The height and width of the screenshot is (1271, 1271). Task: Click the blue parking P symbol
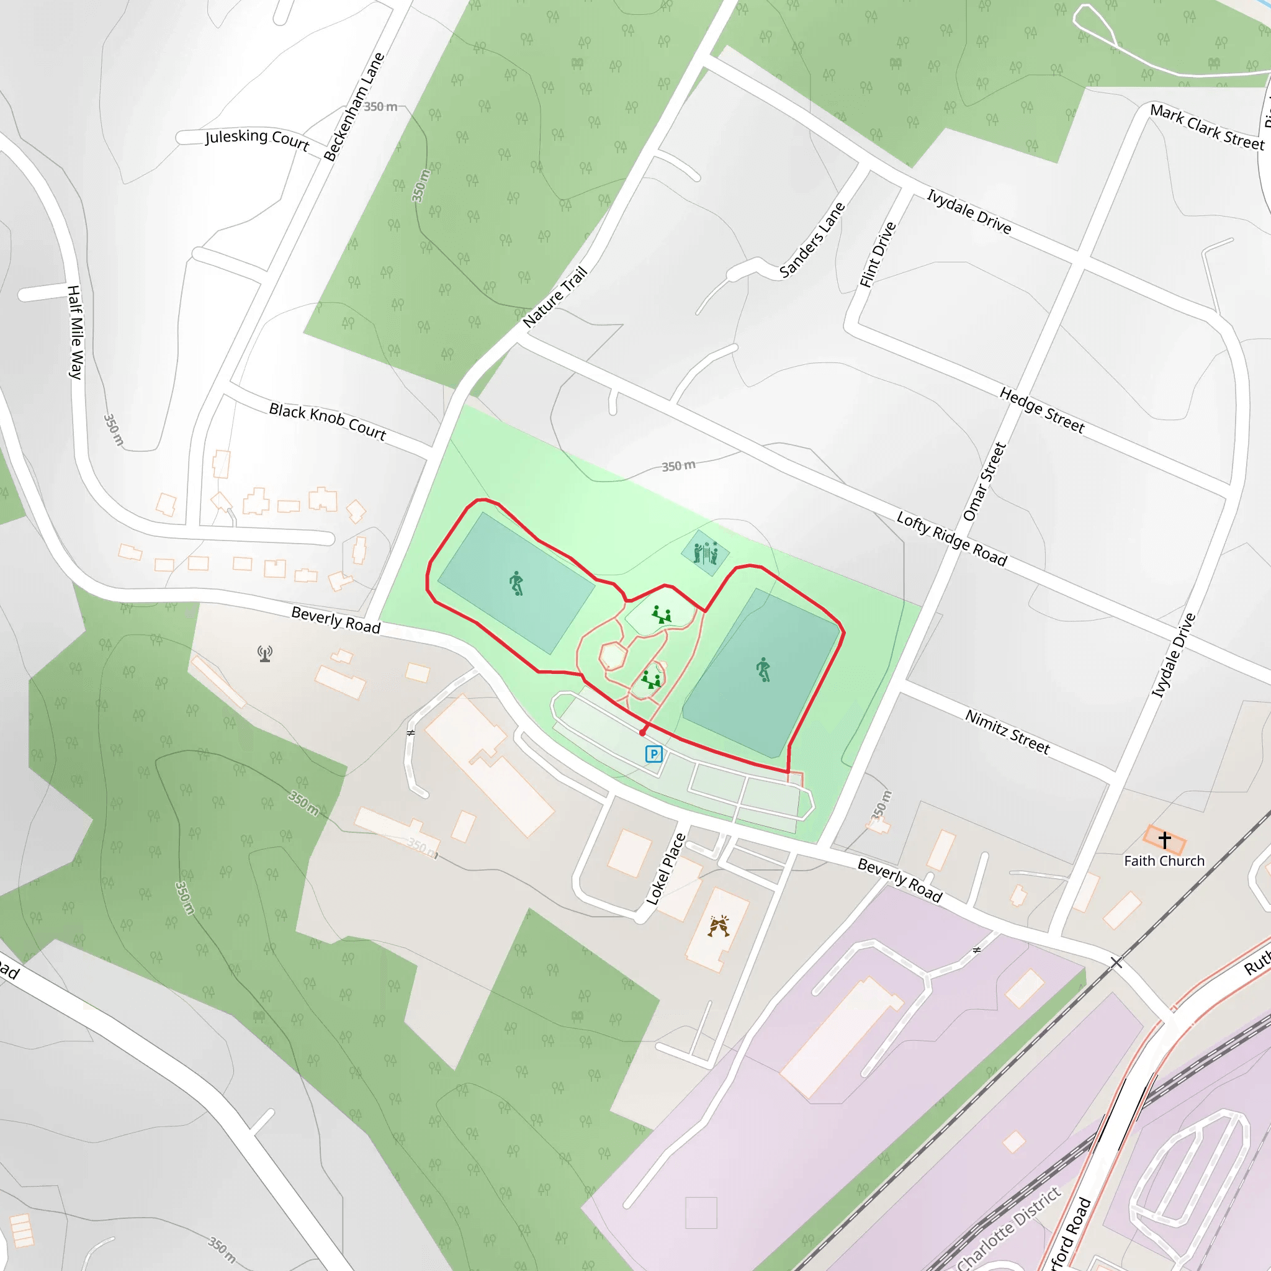click(x=653, y=754)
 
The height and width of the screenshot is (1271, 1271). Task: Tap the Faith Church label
click(x=1164, y=861)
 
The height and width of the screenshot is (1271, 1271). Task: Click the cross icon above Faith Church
click(x=1164, y=840)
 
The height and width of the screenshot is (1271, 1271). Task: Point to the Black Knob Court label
click(x=328, y=421)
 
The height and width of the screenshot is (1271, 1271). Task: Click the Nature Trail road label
click(x=555, y=297)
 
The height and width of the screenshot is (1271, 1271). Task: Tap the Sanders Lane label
click(x=812, y=240)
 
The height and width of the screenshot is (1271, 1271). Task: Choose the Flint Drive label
click(x=878, y=254)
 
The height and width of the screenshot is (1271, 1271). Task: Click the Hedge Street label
click(x=1042, y=410)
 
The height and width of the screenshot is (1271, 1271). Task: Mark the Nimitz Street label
click(x=1007, y=732)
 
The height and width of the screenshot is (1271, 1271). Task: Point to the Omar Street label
click(x=984, y=482)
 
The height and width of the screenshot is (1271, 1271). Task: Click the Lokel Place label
click(x=666, y=869)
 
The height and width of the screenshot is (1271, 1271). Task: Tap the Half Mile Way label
click(x=76, y=332)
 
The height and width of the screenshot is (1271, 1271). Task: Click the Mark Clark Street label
click(x=1207, y=127)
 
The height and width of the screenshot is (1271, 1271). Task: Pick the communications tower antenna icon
click(x=265, y=653)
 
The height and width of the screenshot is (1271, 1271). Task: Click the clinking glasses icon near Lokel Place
click(x=719, y=927)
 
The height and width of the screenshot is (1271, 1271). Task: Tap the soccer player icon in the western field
click(x=516, y=583)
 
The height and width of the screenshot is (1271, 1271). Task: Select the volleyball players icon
click(x=705, y=552)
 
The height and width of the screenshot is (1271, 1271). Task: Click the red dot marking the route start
click(x=643, y=732)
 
